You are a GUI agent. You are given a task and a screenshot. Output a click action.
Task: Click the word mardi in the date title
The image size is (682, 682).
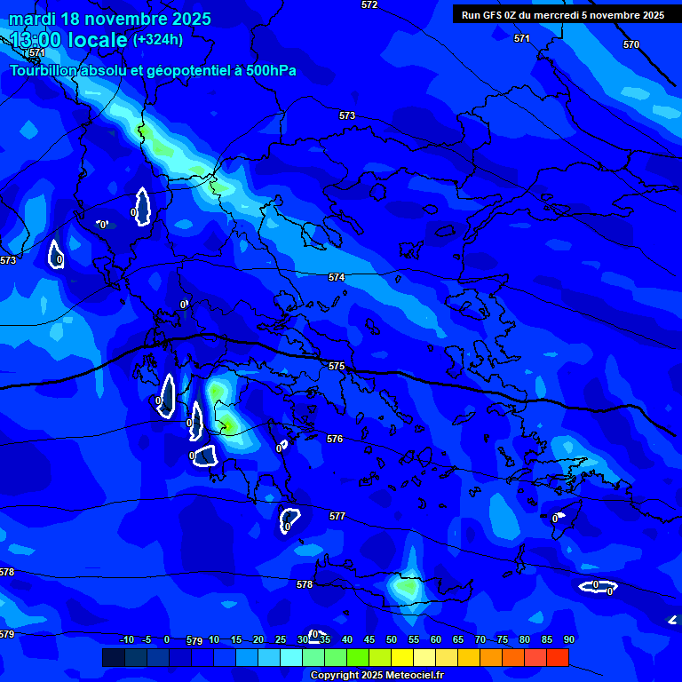pos(32,19)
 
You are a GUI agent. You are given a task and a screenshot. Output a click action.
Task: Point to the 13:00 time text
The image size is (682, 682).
pos(35,40)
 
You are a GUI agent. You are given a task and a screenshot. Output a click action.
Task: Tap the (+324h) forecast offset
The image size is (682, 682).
pos(158,39)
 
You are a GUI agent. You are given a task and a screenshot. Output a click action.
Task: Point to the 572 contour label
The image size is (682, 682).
pos(369,5)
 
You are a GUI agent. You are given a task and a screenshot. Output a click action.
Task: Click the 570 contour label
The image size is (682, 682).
pos(630,44)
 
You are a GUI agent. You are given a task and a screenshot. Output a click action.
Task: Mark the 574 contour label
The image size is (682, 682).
pos(337,278)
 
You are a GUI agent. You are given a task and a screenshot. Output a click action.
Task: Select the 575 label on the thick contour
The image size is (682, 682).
pos(337,367)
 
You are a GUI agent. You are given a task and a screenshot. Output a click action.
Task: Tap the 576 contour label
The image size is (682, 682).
pos(335,440)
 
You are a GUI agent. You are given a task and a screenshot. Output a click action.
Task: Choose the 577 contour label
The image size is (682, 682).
pos(337,516)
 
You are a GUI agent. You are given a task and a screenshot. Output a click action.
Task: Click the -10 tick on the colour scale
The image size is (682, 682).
pos(127,640)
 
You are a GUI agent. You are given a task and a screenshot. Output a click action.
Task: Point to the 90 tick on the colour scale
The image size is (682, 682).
pos(568,640)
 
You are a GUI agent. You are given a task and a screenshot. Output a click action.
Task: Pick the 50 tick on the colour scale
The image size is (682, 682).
pos(392,640)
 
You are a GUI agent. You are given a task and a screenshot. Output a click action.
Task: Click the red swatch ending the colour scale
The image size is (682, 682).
pos(557,657)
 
